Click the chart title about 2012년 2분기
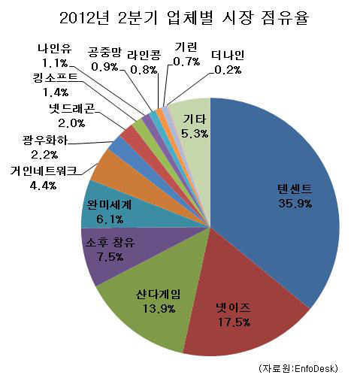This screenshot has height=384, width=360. pyautogui.click(x=184, y=18)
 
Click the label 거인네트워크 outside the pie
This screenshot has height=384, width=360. pyautogui.click(x=43, y=171)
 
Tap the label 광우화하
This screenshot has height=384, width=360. pyautogui.click(x=45, y=140)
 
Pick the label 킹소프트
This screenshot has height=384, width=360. pyautogui.click(x=55, y=78)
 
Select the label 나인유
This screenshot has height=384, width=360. pyautogui.click(x=55, y=48)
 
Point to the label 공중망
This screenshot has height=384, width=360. pyautogui.click(x=104, y=53)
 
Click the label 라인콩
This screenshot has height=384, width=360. pyautogui.click(x=144, y=55)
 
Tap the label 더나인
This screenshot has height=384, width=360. pyautogui.click(x=228, y=56)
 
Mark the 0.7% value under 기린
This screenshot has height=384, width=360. pyautogui.click(x=186, y=61)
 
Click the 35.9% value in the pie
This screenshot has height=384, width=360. pyautogui.click(x=295, y=203)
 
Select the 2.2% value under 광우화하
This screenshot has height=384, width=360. pyautogui.click(x=44, y=155)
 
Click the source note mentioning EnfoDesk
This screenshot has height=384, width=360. pyautogui.click(x=298, y=368)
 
